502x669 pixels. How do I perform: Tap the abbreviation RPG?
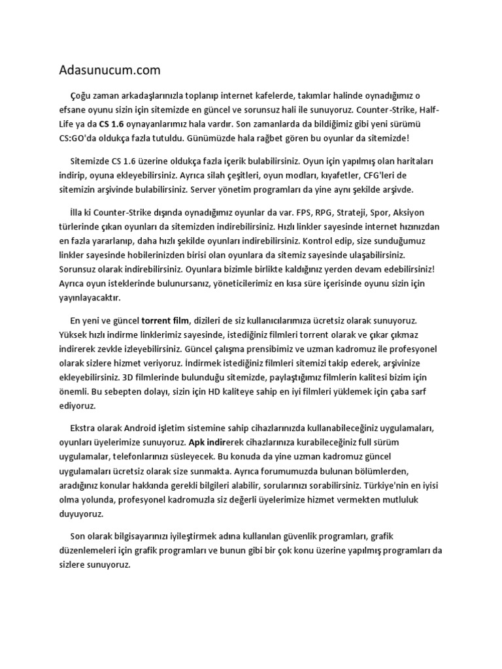(x=324, y=214)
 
